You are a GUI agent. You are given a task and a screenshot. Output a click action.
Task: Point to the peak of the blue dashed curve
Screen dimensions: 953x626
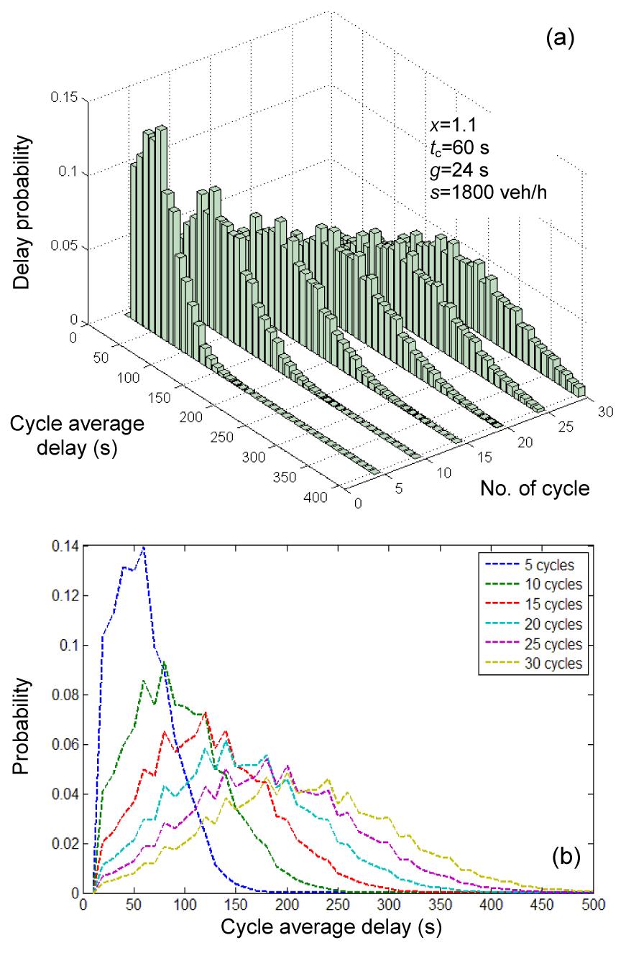coord(144,547)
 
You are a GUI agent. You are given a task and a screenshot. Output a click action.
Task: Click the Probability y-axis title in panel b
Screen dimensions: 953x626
coord(22,727)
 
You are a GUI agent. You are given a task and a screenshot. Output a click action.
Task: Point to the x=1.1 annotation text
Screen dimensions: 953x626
coord(445,132)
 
